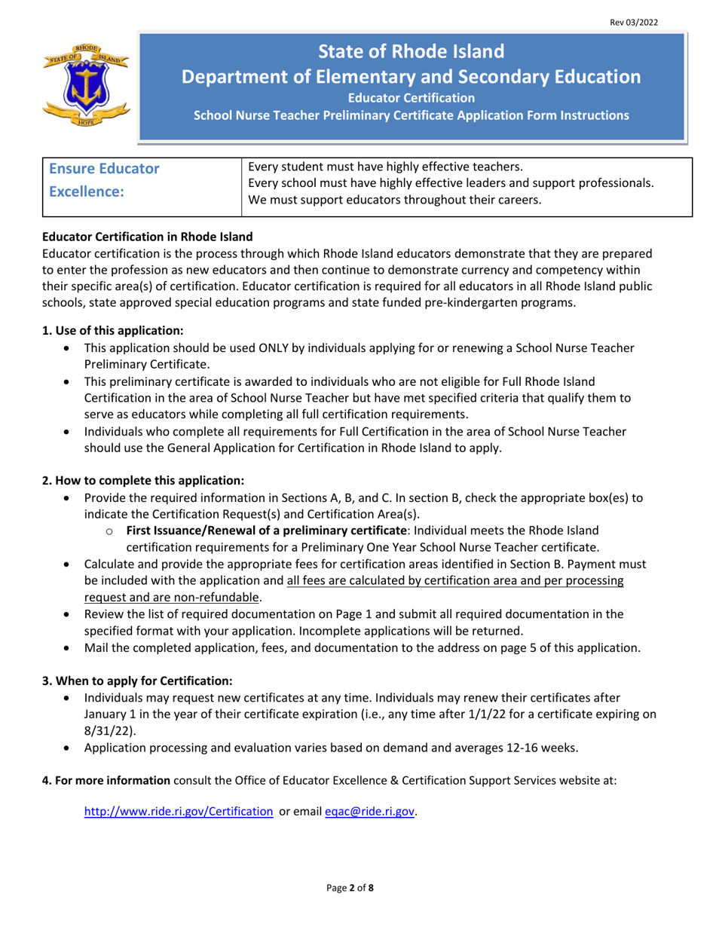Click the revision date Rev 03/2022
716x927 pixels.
(x=634, y=23)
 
